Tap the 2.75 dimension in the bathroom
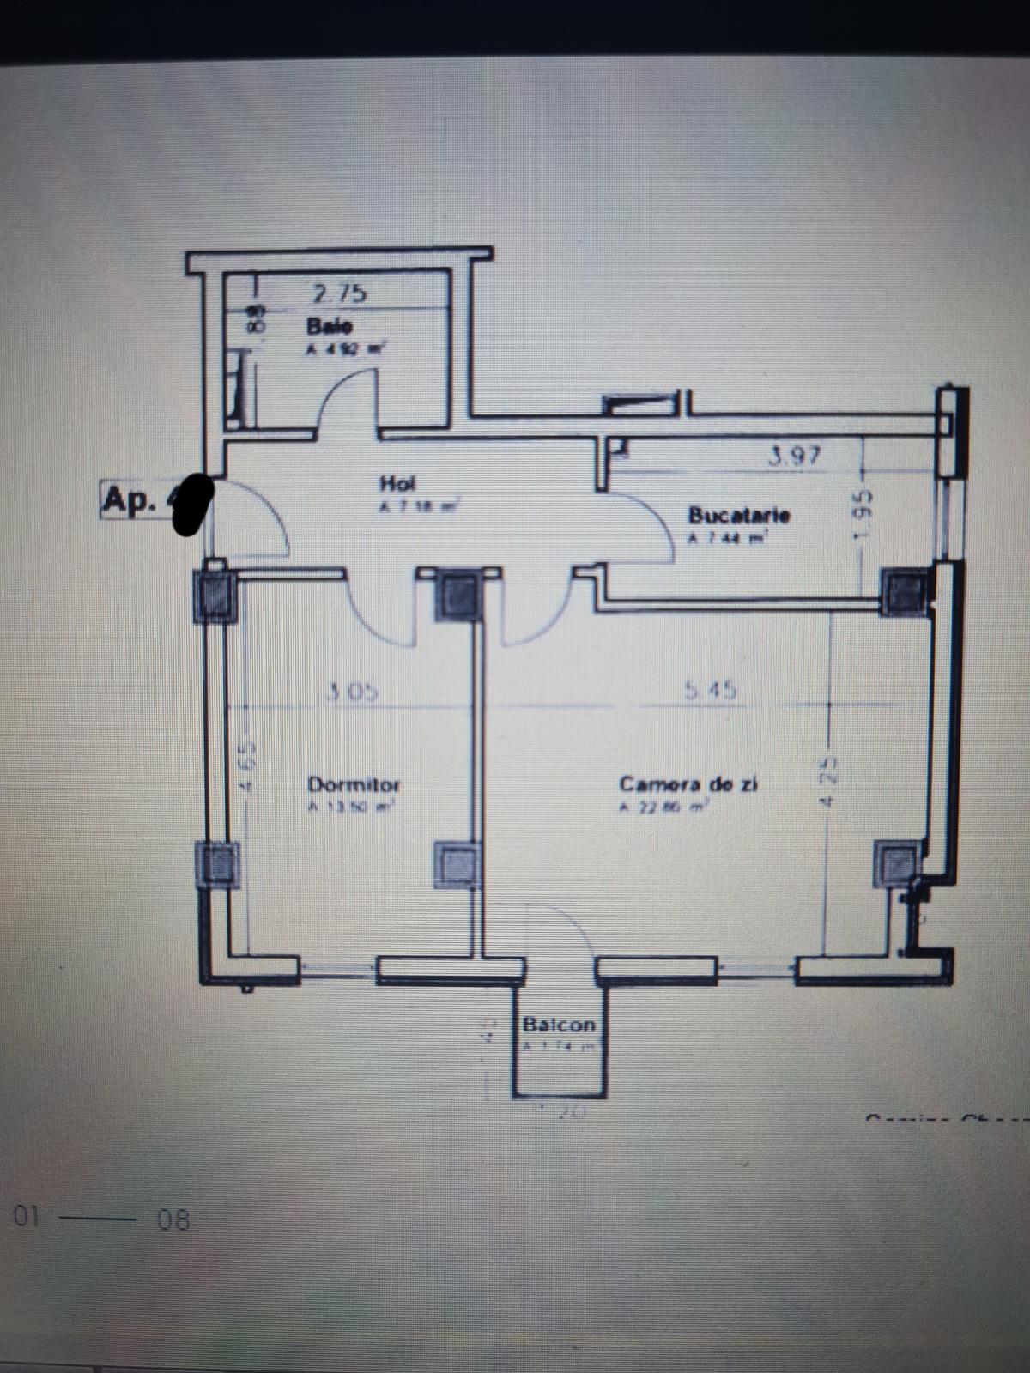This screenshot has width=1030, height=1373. [x=339, y=293]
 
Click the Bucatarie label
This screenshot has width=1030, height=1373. [x=738, y=516]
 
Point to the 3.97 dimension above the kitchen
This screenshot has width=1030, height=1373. [x=795, y=457]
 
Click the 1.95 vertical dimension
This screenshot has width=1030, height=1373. [x=865, y=515]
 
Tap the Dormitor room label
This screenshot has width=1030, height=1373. [x=354, y=784]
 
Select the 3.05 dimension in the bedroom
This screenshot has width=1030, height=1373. [x=352, y=692]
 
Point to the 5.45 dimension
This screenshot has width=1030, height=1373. [x=712, y=690]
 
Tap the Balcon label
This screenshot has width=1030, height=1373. [x=559, y=1025]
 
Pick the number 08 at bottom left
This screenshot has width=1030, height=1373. [x=173, y=1219]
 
